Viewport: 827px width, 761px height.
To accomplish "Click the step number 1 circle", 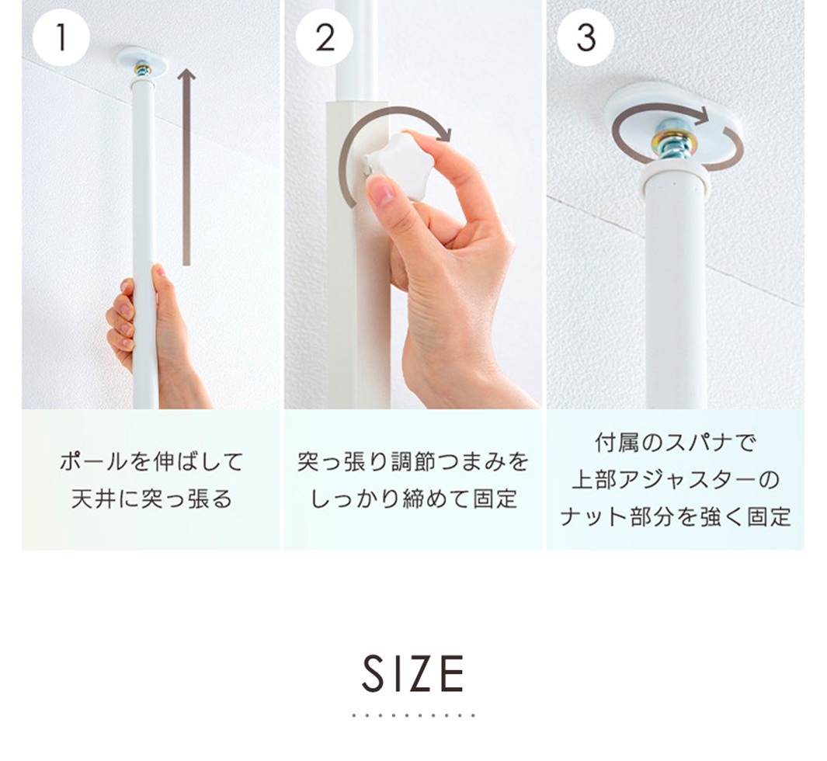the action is [x=61, y=37].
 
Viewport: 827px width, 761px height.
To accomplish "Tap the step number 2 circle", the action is [x=324, y=37].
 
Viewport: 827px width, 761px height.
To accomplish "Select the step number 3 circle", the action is [x=586, y=37].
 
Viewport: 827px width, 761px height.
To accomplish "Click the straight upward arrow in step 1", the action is [x=186, y=167].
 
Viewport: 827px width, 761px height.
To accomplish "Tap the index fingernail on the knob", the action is [x=380, y=192].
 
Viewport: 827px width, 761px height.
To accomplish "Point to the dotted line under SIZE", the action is [x=413, y=716].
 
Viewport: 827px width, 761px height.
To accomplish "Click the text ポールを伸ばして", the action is [x=151, y=462].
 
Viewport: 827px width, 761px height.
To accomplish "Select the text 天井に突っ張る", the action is [x=151, y=499].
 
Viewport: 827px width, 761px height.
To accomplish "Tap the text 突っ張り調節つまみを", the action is [x=413, y=462].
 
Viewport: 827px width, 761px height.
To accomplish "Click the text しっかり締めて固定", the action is [x=413, y=499].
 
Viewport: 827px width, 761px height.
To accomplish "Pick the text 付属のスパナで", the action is [x=676, y=443].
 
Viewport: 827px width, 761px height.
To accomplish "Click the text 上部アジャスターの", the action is [x=676, y=480].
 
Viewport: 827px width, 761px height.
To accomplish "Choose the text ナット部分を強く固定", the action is [x=676, y=517].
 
